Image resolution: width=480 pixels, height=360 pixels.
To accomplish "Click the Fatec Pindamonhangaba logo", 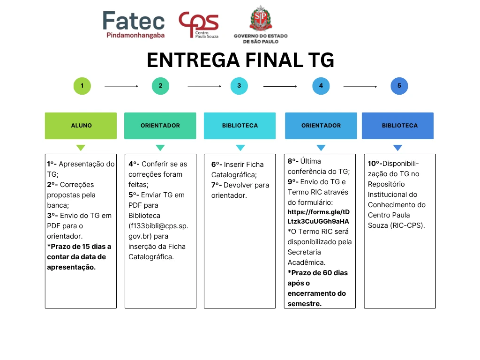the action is coord(134,24).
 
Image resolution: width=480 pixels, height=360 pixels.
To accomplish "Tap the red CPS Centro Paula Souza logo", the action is coord(199,24).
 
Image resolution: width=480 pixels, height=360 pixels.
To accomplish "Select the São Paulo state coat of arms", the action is coord(261,18).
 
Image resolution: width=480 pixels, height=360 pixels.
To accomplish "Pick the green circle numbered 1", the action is coord(82,86).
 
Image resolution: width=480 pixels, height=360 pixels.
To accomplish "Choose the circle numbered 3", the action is coord(239,86).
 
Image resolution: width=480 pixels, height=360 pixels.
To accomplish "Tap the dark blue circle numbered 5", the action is coord(399,86).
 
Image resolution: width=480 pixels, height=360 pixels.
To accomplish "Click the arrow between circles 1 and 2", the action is coord(121,86).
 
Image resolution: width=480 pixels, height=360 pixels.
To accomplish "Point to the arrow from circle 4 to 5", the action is coord(360,87).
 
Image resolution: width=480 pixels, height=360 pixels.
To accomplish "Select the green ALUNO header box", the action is coord(81,126).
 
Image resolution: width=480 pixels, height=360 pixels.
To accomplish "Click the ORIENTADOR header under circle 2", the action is coord(160,126).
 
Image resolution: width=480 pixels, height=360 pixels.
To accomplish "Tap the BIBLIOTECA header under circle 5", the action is coord(397,126).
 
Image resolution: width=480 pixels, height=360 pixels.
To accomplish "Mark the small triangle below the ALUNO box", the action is coord(81,148).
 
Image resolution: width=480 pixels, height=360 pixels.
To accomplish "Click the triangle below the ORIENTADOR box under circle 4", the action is coord(321,148).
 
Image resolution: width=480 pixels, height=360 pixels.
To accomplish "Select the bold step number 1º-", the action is coord(52,164).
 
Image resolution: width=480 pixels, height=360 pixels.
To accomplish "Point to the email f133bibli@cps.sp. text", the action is coord(158,226).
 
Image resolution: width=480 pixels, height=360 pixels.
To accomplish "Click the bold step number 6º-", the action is coord(217,165).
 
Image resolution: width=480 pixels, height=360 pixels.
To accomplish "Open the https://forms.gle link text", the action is coord(318,217).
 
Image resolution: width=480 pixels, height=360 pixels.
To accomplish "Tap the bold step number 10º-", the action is coord(375,164).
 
